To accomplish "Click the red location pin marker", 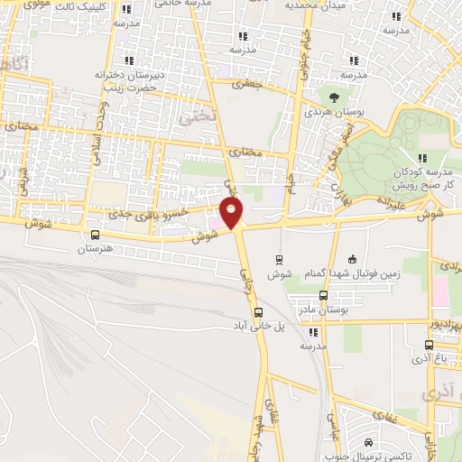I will [x=233, y=212].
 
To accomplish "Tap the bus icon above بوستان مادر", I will [x=324, y=294].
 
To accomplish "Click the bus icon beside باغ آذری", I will [x=429, y=345].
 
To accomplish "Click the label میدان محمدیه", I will [x=315, y=5].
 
